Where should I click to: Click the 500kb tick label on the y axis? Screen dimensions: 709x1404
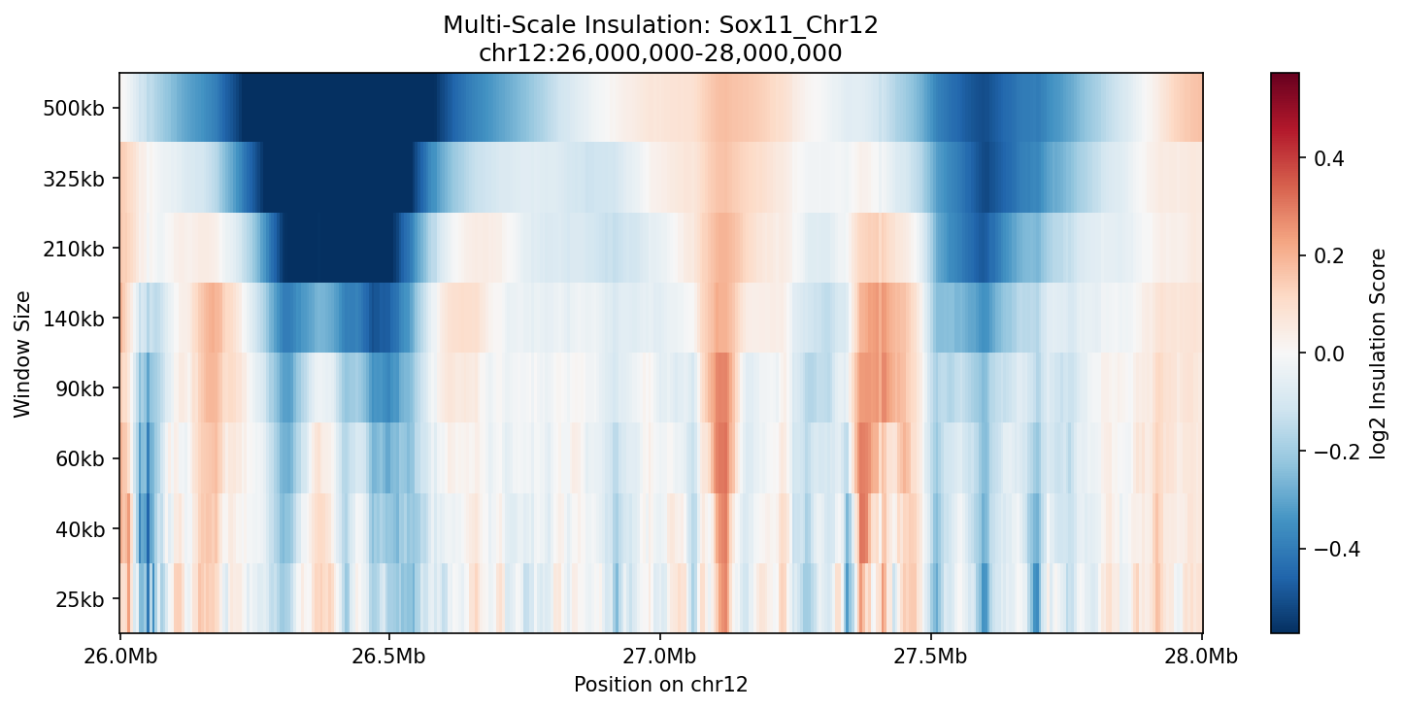click(x=74, y=108)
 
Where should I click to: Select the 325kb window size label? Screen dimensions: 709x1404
click(x=74, y=178)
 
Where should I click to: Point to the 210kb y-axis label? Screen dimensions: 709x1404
click(x=74, y=249)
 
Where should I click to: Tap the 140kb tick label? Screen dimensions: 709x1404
click(x=74, y=319)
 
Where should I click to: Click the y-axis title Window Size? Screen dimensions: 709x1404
click(x=22, y=354)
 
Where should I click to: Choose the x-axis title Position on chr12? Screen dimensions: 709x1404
click(x=660, y=684)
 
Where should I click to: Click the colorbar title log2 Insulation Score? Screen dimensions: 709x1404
click(x=1378, y=354)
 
